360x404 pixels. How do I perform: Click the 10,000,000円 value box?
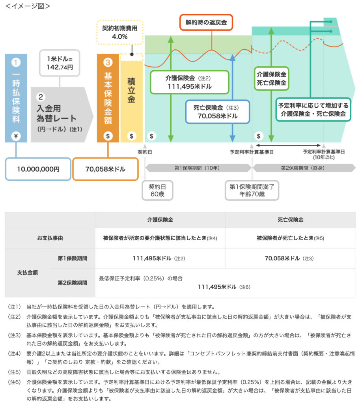point(38,169)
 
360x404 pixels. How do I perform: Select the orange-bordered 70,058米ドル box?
point(105,169)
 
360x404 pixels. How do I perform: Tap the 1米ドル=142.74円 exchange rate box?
point(59,63)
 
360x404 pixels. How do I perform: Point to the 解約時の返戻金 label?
point(206,23)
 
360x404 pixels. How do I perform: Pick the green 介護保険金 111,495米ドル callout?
point(189,82)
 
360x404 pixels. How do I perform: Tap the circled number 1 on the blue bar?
point(16,63)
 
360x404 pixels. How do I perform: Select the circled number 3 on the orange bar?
point(108,63)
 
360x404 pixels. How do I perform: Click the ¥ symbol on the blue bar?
point(16,136)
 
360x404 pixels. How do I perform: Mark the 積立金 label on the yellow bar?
point(132,90)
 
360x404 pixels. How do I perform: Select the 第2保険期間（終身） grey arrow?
point(304,168)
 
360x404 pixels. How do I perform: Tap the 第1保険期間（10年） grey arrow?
point(197,168)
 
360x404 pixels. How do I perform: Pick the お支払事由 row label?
point(50,238)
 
